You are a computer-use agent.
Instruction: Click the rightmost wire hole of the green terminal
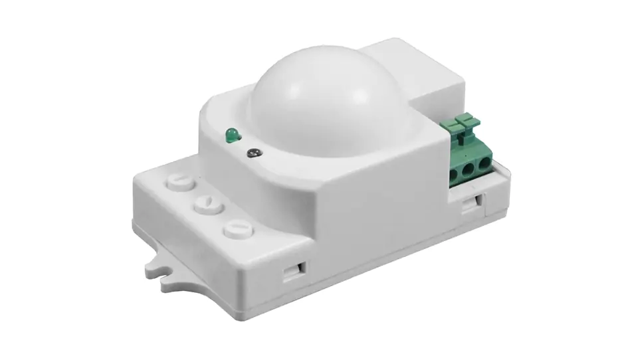pos(486,166)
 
